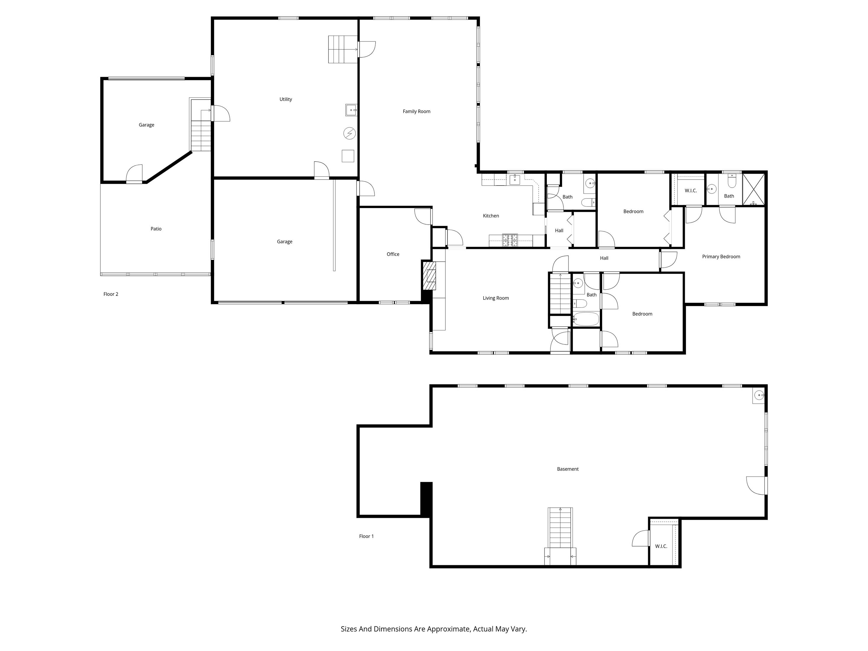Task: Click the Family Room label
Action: click(416, 112)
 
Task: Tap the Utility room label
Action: click(285, 99)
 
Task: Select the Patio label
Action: click(156, 229)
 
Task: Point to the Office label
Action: click(393, 254)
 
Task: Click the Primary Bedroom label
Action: click(721, 257)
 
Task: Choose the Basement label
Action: click(567, 469)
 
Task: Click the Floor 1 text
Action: click(366, 536)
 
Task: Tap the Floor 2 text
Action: click(111, 294)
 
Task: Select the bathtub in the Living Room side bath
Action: click(586, 319)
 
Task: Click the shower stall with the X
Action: click(754, 190)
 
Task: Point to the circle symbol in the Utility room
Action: click(349, 134)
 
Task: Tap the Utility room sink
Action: click(351, 110)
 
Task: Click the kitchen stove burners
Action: click(510, 240)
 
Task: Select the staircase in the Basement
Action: click(560, 528)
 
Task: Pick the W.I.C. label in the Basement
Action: click(661, 546)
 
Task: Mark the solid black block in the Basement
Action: click(426, 499)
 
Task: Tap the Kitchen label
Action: click(490, 216)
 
